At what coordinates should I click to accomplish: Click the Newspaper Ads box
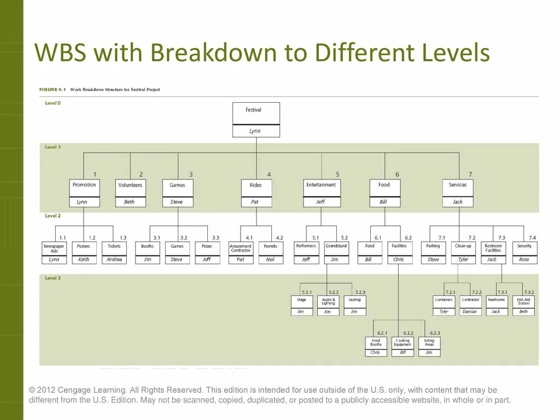tap(54, 248)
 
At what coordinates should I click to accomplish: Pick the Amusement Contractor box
tap(241, 248)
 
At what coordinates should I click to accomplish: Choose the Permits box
tap(271, 248)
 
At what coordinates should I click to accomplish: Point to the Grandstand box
tap(336, 248)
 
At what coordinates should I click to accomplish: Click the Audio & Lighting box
tap(328, 301)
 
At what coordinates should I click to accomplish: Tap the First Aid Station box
tap(523, 301)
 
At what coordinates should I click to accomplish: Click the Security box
tap(524, 248)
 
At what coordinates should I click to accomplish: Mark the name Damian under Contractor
tap(470, 312)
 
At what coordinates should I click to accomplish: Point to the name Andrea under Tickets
tap(114, 259)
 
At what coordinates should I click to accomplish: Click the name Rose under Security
tap(524, 259)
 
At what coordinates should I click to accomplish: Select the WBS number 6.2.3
tap(435, 333)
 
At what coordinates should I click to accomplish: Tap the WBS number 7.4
tap(533, 238)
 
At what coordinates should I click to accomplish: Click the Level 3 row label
tap(53, 278)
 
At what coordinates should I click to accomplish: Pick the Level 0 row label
tap(53, 103)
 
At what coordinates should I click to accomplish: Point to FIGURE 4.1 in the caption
tap(52, 89)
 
